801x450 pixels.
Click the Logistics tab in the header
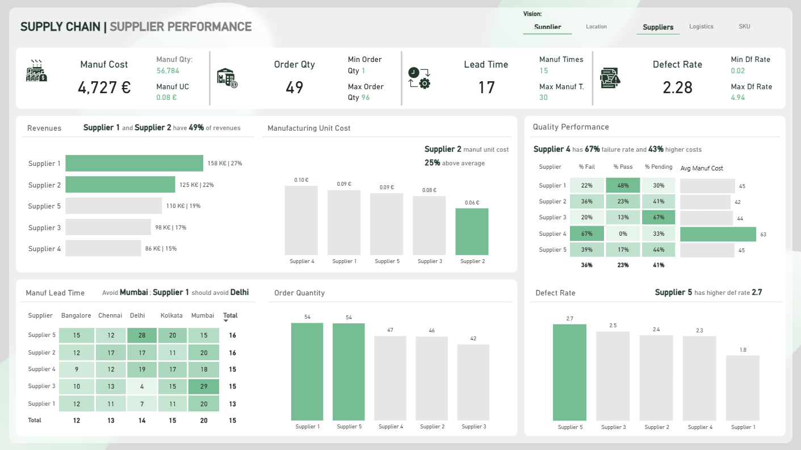pos(701,27)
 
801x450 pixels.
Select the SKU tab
pos(744,27)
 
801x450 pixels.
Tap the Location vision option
pos(596,27)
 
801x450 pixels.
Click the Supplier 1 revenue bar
pos(134,163)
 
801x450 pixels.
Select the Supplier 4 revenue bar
pos(103,248)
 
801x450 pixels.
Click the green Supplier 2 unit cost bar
pos(472,232)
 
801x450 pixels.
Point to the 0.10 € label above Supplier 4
pos(301,180)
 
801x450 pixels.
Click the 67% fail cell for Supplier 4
pos(587,234)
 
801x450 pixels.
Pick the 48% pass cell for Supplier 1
pos(623,185)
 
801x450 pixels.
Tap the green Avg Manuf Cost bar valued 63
pos(718,234)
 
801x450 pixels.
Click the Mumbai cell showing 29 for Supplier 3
pos(204,386)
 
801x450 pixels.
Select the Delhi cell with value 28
pos(142,335)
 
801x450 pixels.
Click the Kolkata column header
pos(171,315)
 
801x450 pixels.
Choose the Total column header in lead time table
pos(230,315)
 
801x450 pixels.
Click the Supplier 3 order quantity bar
pos(473,382)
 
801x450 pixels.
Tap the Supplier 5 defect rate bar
pos(569,372)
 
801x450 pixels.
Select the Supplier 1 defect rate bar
pos(743,388)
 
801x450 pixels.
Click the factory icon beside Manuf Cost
pos(36,71)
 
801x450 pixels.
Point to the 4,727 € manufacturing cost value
pos(104,88)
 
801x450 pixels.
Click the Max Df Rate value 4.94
pos(738,97)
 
